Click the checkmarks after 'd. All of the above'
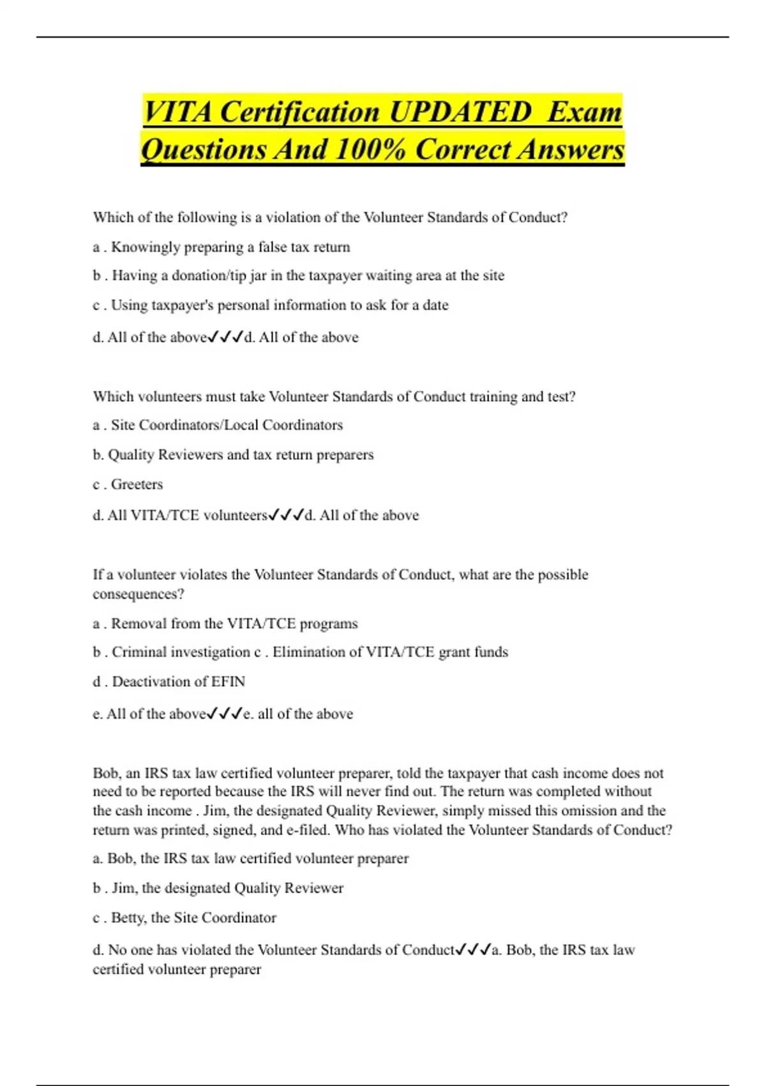point(226,337)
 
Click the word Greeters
point(137,484)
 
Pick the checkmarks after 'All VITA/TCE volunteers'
point(286,515)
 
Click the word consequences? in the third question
point(139,594)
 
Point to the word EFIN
point(228,682)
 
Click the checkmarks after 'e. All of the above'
point(225,714)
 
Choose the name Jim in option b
point(123,888)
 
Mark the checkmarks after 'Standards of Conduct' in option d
point(473,950)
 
